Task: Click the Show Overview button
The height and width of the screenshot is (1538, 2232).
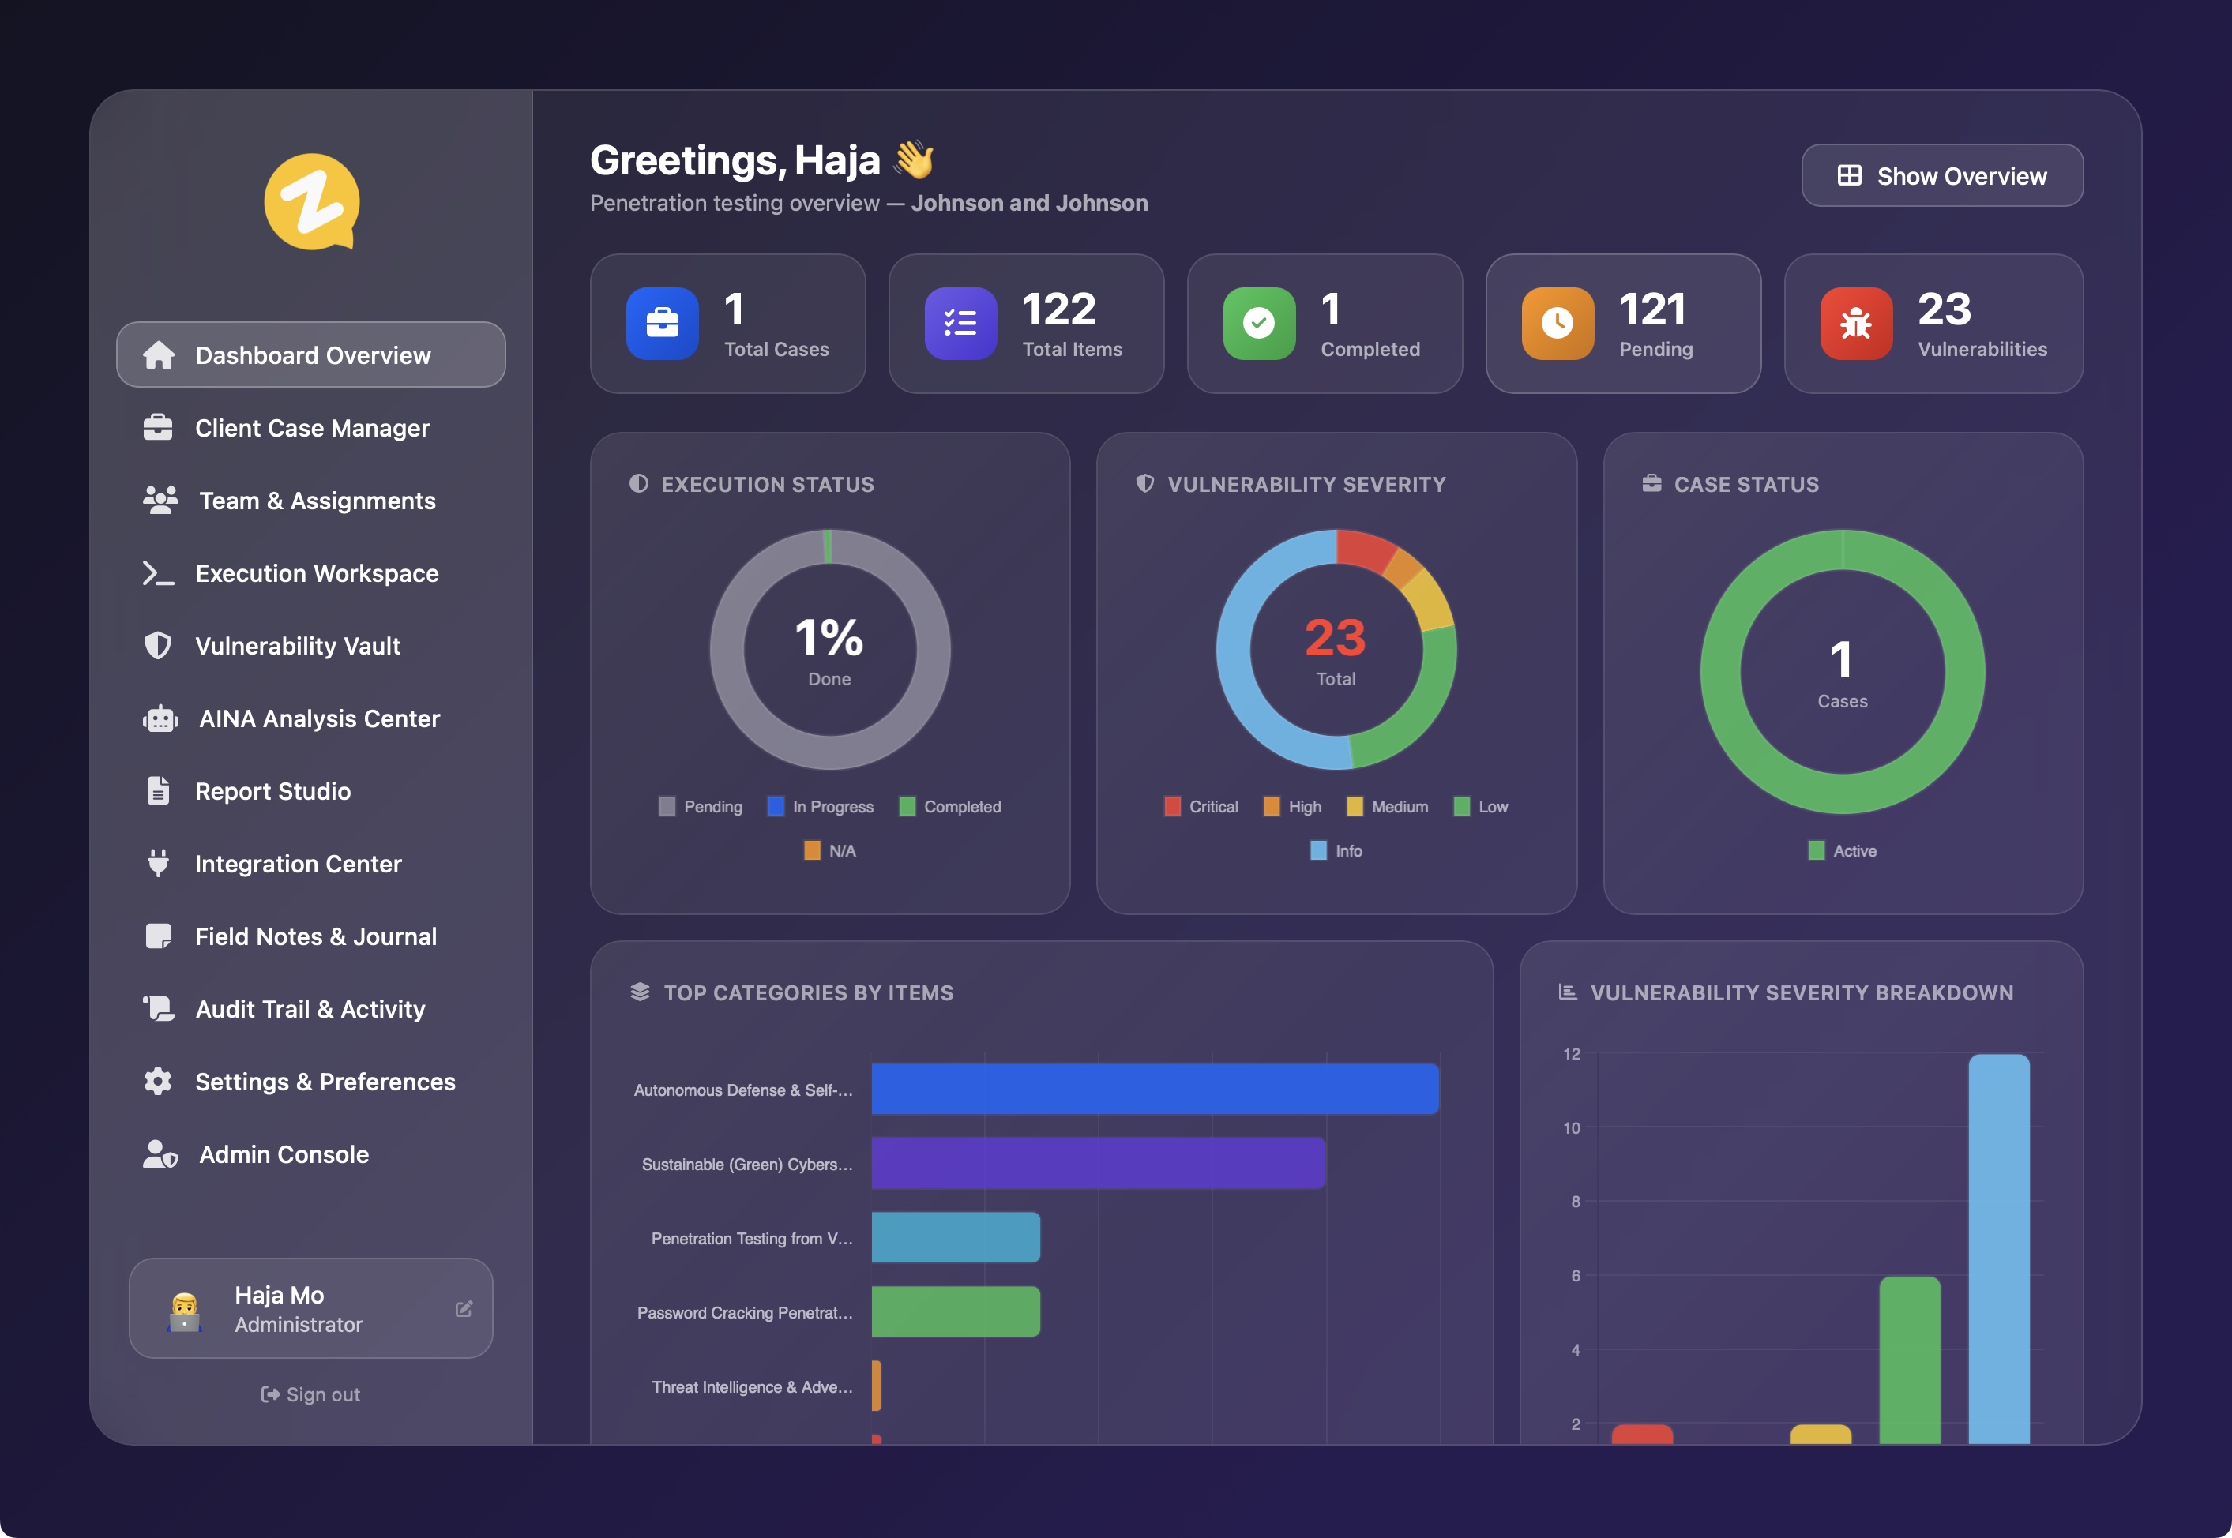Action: [1942, 175]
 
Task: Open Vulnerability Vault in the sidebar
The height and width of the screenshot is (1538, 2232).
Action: [297, 646]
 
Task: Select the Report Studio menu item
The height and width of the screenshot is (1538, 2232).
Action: [272, 791]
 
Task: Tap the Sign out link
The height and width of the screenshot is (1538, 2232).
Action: [310, 1394]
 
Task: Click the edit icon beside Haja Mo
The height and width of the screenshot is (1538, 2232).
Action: [464, 1309]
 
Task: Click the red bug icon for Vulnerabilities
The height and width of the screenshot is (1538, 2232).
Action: [1855, 324]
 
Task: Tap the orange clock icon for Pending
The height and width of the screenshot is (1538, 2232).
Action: [1557, 324]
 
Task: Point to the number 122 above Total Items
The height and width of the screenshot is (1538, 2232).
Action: [1058, 309]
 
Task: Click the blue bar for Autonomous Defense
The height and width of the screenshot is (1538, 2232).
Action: [1155, 1089]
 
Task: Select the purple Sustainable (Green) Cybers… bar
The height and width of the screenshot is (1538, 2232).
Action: [1098, 1163]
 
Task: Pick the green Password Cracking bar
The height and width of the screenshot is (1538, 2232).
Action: [955, 1311]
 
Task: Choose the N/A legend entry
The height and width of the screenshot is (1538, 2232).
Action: [830, 851]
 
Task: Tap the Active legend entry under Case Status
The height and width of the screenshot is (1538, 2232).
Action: [1843, 851]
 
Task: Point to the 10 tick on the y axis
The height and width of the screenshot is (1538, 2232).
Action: [1571, 1128]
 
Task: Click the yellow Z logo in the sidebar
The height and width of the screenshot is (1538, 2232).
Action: [311, 201]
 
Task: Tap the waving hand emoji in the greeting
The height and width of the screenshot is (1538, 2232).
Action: [914, 160]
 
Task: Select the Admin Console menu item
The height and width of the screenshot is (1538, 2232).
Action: [284, 1154]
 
